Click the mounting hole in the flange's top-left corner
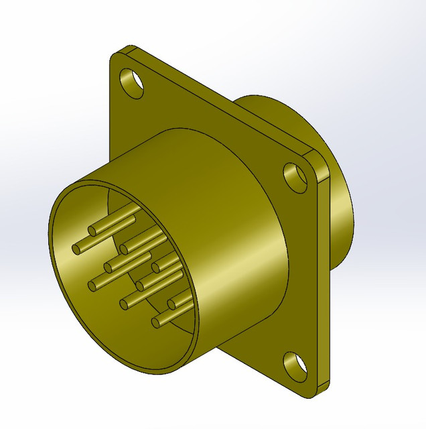(x=132, y=82)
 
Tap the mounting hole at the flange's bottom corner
(x=294, y=365)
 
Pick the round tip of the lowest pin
(x=156, y=323)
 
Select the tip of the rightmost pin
(x=172, y=306)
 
